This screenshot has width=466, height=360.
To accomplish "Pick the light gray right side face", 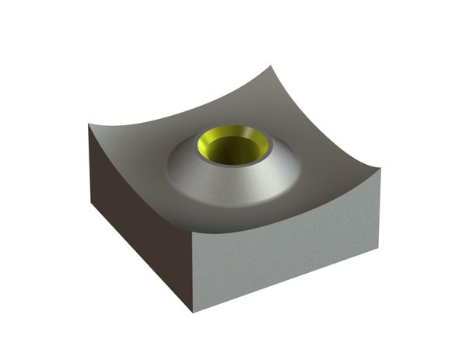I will pyautogui.click(x=288, y=249).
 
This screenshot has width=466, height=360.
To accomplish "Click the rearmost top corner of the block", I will pyautogui.click(x=277, y=67).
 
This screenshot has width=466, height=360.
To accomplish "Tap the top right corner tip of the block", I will pyautogui.click(x=380, y=169).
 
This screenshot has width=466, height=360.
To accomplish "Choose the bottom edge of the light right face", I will pyautogui.click(x=288, y=281).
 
